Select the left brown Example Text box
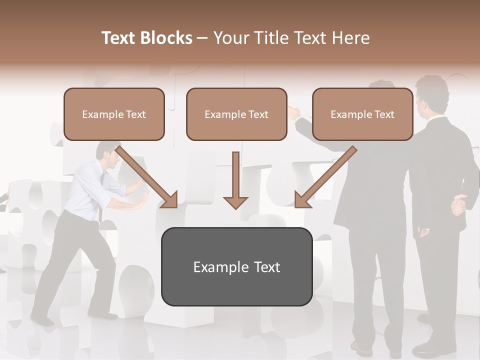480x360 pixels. [x=114, y=114]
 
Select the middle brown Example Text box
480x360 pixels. [x=236, y=114]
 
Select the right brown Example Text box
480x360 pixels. [x=362, y=114]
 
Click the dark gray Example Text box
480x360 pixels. [x=236, y=266]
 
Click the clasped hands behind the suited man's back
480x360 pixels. [x=457, y=205]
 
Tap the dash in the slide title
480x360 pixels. [x=202, y=38]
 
